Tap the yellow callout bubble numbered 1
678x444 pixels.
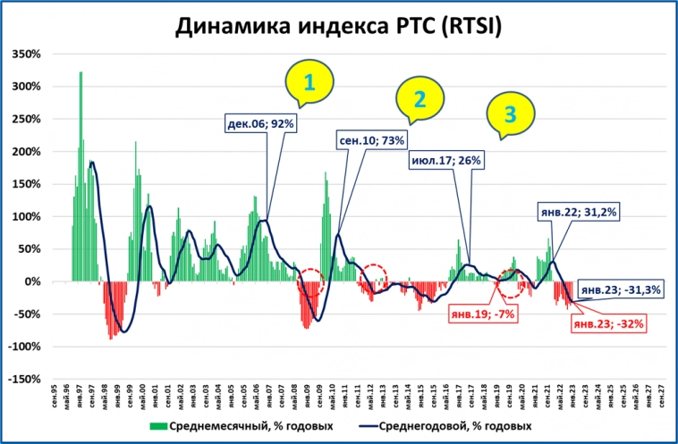(x=309, y=83)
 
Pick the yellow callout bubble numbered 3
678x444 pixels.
(x=510, y=113)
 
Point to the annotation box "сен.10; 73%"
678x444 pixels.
(x=371, y=140)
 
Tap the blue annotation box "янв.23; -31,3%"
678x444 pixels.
(x=619, y=289)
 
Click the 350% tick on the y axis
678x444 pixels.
(x=26, y=54)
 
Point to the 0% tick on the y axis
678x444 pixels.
(x=31, y=281)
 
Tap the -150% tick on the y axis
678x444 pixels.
(x=24, y=379)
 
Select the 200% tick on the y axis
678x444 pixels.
(x=26, y=152)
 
